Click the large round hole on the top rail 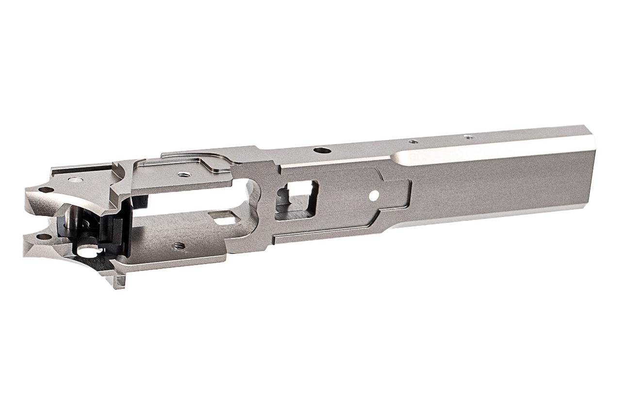[319, 150]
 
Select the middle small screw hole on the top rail [413, 142]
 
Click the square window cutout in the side [296, 199]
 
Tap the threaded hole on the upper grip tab [183, 174]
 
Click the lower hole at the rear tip [44, 237]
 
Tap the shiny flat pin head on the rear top [75, 180]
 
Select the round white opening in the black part [88, 252]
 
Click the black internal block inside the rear [116, 233]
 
